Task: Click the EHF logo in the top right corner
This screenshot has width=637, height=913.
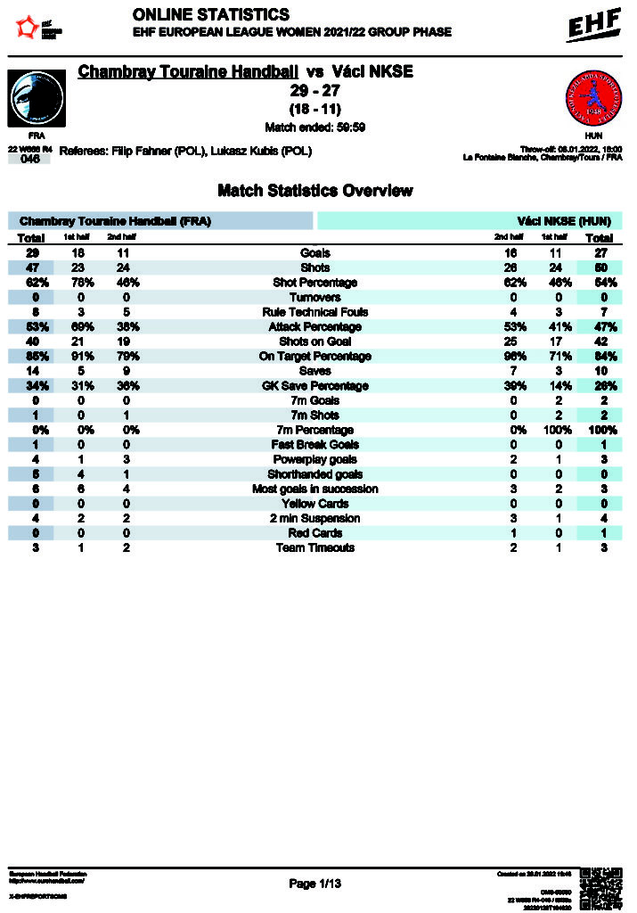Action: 594,27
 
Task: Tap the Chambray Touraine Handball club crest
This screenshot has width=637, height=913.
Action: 36,97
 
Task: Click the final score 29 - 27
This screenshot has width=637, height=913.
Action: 314,91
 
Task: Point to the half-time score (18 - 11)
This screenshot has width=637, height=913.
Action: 314,109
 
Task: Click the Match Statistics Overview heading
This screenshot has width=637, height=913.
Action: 314,191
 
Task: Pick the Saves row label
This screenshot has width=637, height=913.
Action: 314,371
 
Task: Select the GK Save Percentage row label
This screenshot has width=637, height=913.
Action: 314,386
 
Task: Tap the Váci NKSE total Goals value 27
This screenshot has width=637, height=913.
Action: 599,253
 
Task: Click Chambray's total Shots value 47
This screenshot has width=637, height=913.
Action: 31,268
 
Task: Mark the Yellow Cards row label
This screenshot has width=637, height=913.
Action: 314,504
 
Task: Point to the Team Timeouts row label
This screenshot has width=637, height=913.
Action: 314,547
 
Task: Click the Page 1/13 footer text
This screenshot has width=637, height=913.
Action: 315,884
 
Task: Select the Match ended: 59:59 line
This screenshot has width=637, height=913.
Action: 314,127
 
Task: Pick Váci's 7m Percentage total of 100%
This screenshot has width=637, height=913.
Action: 599,430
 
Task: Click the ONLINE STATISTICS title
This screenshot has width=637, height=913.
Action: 210,15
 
